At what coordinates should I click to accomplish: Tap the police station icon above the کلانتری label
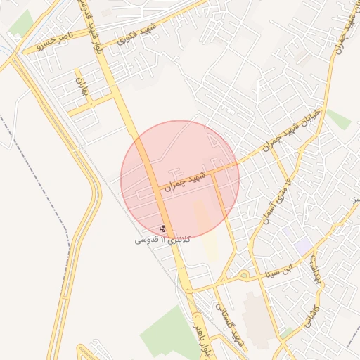click(163, 229)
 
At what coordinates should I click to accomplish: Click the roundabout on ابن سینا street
click(243, 274)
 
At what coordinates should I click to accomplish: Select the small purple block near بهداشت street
click(303, 246)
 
